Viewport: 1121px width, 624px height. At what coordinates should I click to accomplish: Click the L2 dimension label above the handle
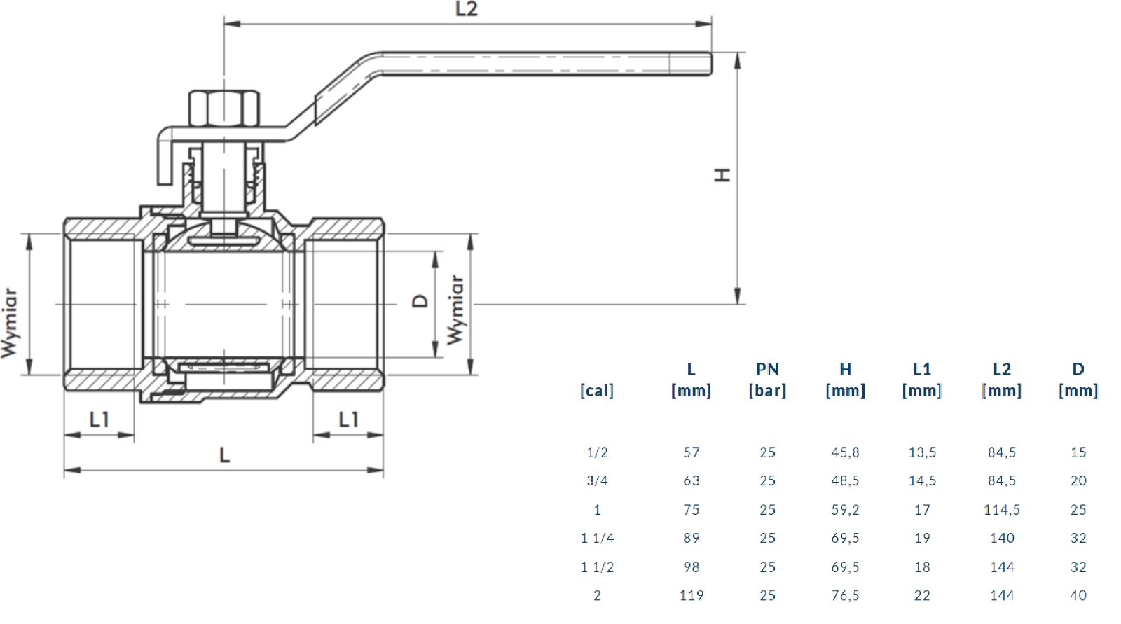click(466, 9)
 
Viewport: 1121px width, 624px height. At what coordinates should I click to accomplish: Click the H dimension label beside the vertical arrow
click(722, 175)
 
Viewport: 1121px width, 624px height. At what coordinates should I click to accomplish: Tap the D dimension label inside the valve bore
click(420, 301)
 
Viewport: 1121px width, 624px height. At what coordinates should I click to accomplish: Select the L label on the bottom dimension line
click(224, 455)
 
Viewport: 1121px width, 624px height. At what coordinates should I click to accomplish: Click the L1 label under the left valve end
click(99, 420)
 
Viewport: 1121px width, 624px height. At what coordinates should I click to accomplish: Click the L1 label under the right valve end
click(348, 420)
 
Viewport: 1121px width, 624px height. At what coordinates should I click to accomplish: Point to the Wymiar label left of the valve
click(9, 322)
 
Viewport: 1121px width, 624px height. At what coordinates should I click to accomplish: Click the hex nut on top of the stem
click(224, 108)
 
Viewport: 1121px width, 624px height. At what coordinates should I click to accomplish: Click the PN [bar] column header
click(767, 380)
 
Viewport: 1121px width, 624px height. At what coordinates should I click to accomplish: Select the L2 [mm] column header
click(1001, 380)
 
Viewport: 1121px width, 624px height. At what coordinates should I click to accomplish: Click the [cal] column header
click(597, 391)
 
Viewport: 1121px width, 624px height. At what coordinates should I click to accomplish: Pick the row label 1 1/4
click(597, 538)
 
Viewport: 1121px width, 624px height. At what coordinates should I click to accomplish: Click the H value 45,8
click(845, 452)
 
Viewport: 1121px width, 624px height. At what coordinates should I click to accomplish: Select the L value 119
click(691, 595)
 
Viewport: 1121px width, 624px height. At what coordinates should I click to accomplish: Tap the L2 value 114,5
click(1001, 510)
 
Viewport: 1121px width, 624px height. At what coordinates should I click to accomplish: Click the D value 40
click(1078, 595)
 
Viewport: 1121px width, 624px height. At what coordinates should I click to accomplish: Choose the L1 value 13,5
click(922, 452)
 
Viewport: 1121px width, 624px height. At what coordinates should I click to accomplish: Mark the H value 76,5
click(845, 595)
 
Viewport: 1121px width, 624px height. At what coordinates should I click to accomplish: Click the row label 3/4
click(597, 481)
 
